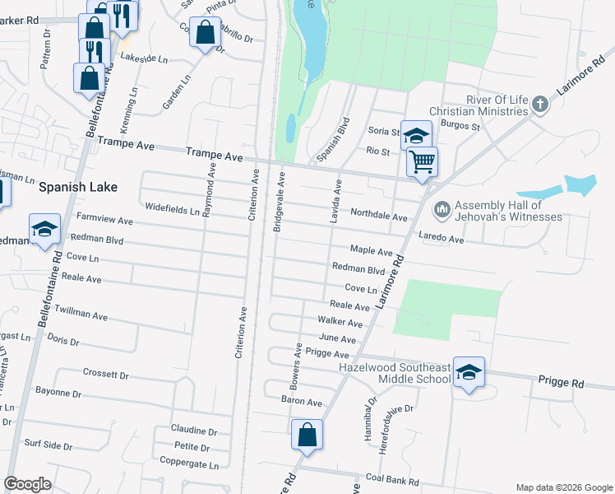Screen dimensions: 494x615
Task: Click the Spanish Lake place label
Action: pyautogui.click(x=77, y=187)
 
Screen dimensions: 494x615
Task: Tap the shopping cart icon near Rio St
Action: pyautogui.click(x=422, y=161)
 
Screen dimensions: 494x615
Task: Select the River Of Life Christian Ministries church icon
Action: pyautogui.click(x=539, y=105)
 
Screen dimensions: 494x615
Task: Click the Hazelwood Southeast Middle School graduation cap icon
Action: pyautogui.click(x=469, y=372)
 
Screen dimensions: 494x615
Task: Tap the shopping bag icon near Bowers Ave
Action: pyautogui.click(x=307, y=434)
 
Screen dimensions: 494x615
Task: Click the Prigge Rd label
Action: pyautogui.click(x=561, y=384)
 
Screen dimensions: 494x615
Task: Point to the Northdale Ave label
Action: pyautogui.click(x=379, y=216)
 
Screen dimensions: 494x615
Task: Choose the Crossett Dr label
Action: pyautogui.click(x=106, y=374)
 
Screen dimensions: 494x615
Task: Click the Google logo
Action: pyautogui.click(x=27, y=484)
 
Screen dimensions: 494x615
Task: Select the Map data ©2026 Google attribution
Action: pyautogui.click(x=563, y=487)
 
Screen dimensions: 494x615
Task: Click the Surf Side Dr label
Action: pyautogui.click(x=49, y=445)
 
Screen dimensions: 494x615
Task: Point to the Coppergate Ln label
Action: pyautogui.click(x=191, y=464)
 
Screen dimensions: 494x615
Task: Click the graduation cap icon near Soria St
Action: pyautogui.click(x=417, y=136)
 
